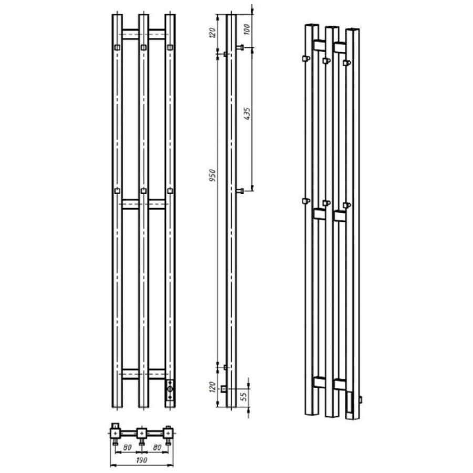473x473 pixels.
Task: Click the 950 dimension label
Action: (x=213, y=175)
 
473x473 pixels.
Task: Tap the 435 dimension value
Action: (x=247, y=114)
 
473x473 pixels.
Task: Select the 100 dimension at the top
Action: (x=246, y=29)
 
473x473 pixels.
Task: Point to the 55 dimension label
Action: (x=245, y=395)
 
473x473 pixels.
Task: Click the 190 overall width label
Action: (x=142, y=460)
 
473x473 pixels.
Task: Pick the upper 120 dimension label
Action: (x=213, y=33)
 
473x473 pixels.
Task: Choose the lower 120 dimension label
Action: (x=213, y=387)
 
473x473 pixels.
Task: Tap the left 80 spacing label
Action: (x=127, y=447)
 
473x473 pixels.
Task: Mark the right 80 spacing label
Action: (x=157, y=447)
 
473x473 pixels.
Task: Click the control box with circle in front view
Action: (x=170, y=389)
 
